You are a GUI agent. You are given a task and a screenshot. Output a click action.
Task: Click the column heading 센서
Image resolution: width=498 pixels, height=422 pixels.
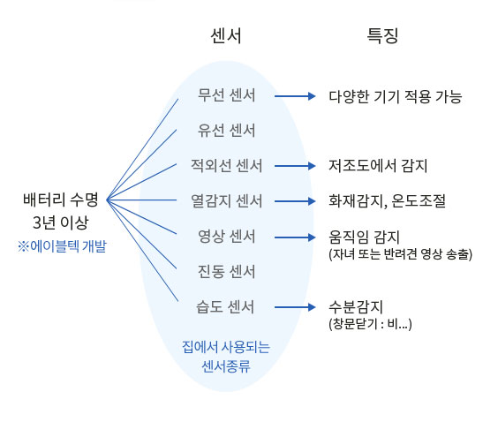point(226,35)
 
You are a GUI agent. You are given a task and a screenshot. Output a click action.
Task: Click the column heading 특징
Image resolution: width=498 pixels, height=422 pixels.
point(382,35)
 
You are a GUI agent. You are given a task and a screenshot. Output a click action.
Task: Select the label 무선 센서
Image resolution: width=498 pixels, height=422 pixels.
point(226,95)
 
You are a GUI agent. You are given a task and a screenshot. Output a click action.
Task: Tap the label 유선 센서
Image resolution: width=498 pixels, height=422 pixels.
point(226,130)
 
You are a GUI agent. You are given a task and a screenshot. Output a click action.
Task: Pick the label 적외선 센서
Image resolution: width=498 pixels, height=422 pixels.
point(226,166)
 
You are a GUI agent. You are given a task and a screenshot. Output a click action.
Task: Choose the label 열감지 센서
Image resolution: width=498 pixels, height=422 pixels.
point(226,201)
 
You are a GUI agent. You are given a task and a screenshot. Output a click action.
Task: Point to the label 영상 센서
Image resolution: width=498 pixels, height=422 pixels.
point(226,237)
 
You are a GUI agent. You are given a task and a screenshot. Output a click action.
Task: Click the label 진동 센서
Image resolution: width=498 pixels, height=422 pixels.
point(226,272)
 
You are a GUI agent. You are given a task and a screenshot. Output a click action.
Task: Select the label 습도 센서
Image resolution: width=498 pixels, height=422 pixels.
point(225,306)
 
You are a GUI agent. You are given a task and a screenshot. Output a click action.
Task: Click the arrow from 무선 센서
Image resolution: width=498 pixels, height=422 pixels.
point(295,96)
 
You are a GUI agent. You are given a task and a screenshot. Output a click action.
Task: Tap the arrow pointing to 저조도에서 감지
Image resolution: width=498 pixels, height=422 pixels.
point(295,166)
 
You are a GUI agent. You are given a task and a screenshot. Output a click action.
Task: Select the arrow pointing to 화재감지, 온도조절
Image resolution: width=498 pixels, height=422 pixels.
point(295,201)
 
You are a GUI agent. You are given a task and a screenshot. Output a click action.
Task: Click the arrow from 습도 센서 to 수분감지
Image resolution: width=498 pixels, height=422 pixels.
point(295,307)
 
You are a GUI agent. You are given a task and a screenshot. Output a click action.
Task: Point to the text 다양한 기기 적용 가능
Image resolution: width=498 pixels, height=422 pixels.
point(395,96)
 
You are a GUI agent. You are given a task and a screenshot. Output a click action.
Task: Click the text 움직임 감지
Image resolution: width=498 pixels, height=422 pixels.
point(364,237)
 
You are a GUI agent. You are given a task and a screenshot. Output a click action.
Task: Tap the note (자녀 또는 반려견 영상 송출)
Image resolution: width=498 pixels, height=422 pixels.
point(401,253)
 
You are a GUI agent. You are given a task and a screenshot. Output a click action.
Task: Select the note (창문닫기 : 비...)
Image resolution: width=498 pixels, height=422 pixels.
point(370,324)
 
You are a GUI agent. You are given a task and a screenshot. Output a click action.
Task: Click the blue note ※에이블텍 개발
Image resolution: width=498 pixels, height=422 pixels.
point(62,246)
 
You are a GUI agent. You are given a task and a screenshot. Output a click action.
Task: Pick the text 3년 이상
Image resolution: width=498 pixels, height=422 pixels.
point(61,222)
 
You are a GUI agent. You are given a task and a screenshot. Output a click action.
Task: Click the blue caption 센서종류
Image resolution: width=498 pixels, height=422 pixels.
point(226,366)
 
